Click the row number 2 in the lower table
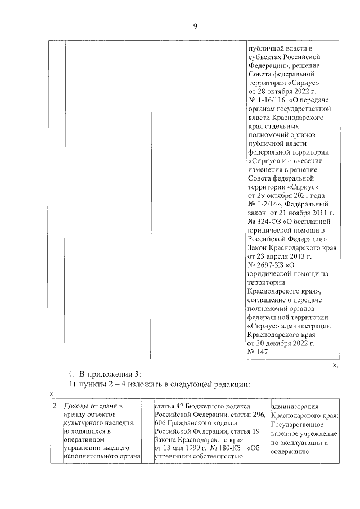[54, 406]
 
